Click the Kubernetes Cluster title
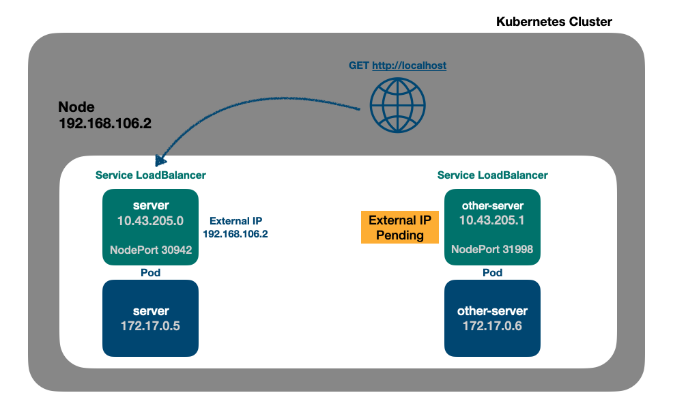(554, 22)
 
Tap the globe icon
(397, 104)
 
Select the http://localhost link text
(409, 65)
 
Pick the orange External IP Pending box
(399, 227)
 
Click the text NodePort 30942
(150, 250)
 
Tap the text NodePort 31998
(491, 250)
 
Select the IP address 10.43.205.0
(150, 220)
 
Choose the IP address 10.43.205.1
(491, 220)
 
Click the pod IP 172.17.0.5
(150, 326)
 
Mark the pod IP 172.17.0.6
(492, 326)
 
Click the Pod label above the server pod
(150, 272)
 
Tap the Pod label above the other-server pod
(492, 272)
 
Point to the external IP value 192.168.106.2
(235, 233)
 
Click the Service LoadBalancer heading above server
(150, 175)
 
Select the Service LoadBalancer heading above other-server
(492, 175)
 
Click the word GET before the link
(359, 65)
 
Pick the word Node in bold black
(76, 107)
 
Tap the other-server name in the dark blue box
(492, 311)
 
